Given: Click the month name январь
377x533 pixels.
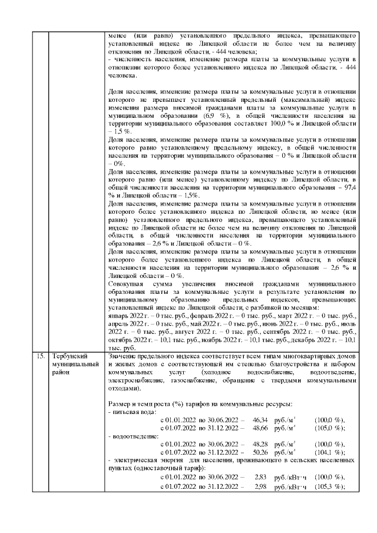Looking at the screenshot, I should (120, 316).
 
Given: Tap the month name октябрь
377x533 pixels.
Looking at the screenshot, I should (121, 340).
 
